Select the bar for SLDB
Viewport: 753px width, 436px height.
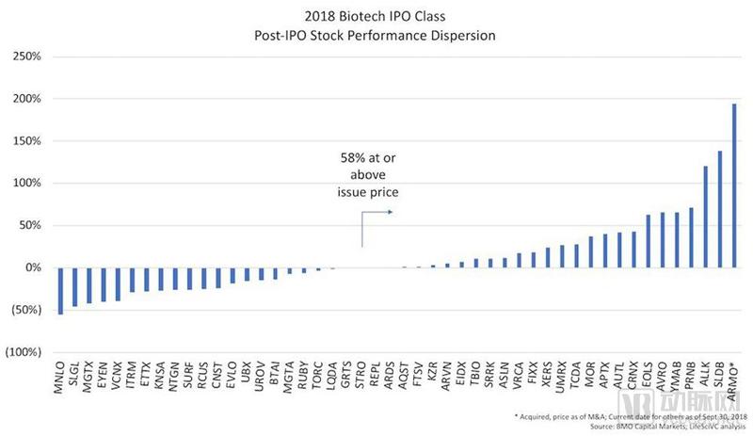pos(719,209)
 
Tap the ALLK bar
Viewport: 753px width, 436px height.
pos(705,217)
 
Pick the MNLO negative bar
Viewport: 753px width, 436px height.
pos(61,291)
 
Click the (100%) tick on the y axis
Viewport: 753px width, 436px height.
pos(24,352)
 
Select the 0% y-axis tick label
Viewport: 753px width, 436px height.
pos(32,267)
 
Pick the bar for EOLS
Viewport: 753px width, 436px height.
pos(648,241)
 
